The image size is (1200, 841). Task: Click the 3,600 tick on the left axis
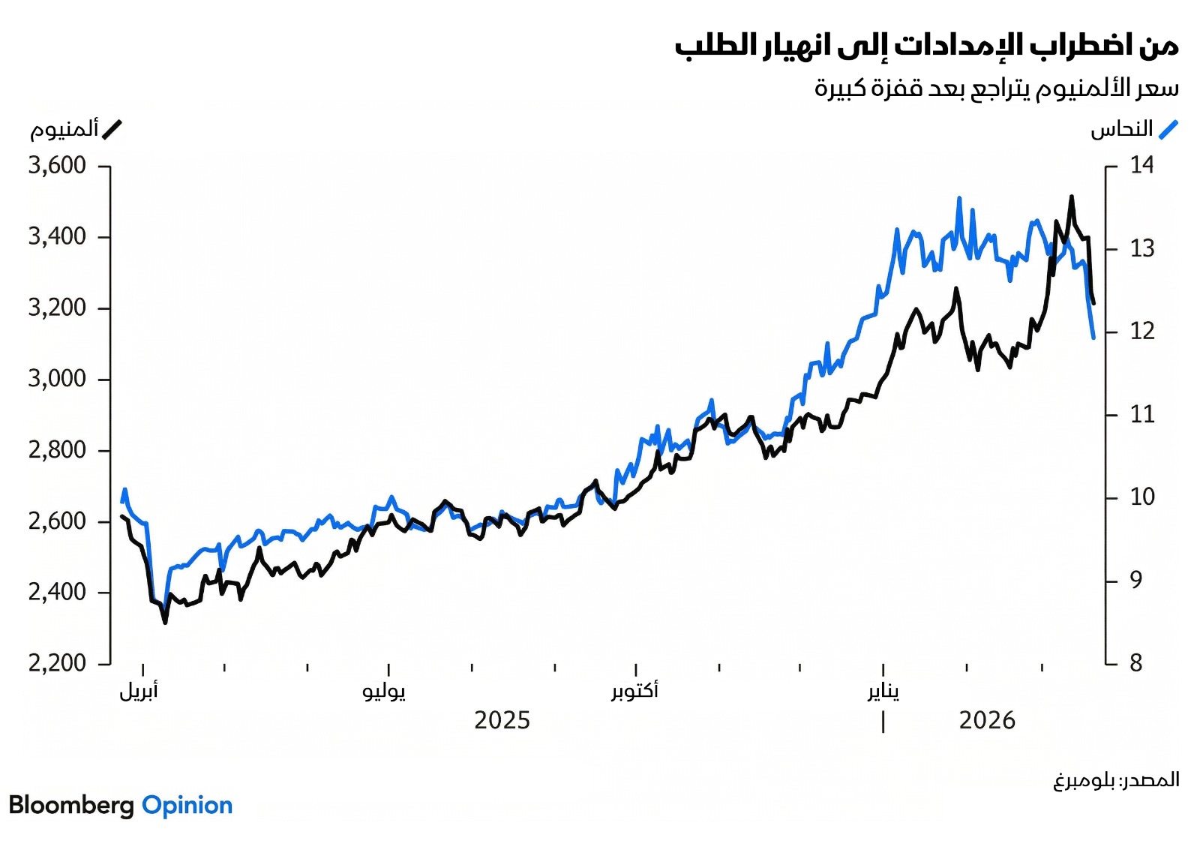tap(57, 165)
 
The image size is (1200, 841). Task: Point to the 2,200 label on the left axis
tap(57, 663)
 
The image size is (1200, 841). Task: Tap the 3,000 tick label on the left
tap(57, 378)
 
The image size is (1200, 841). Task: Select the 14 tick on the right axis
tap(1141, 165)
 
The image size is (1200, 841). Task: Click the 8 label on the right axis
tap(1135, 663)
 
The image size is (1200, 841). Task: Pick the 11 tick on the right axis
tap(1141, 414)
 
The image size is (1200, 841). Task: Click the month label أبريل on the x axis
tap(139, 690)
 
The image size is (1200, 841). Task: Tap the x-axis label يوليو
tap(384, 690)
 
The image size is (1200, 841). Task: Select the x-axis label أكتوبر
tap(634, 690)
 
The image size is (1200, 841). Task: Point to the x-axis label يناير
tap(883, 690)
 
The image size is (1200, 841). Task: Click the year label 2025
tap(502, 721)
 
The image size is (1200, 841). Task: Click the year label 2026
tap(986, 721)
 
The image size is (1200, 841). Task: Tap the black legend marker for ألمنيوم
tap(112, 130)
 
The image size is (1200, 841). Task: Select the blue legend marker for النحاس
tap(1168, 130)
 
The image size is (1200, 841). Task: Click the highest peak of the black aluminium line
tap(1072, 197)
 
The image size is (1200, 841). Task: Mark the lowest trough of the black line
tap(165, 622)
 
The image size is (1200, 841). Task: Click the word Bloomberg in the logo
tap(71, 805)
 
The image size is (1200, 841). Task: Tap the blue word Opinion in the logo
tap(187, 805)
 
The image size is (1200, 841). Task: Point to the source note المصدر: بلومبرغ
tap(1116, 780)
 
